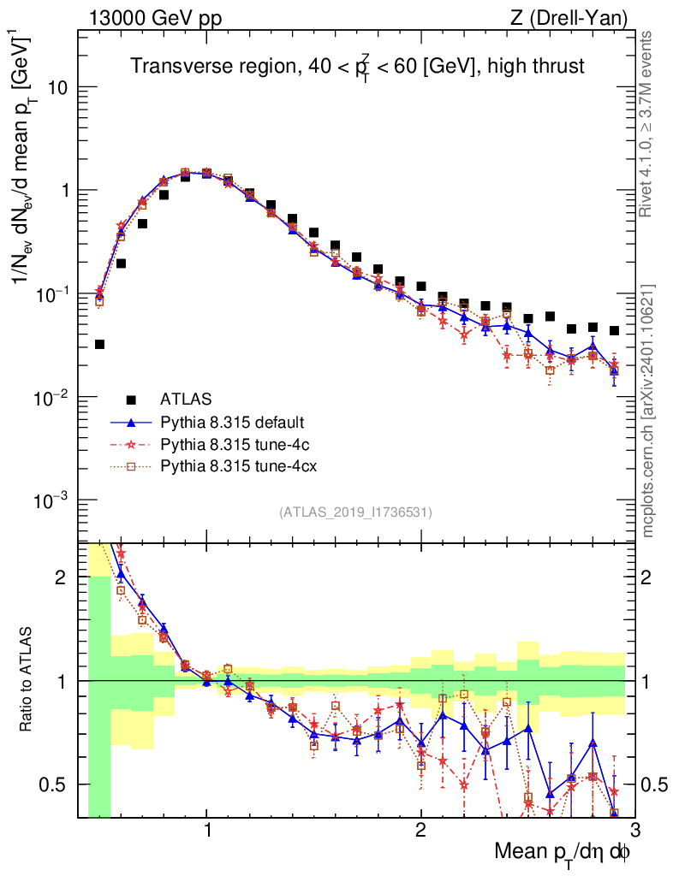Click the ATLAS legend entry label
187,399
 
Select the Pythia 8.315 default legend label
231,422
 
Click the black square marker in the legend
131,399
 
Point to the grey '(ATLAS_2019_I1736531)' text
355,512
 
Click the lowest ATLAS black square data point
99,344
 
